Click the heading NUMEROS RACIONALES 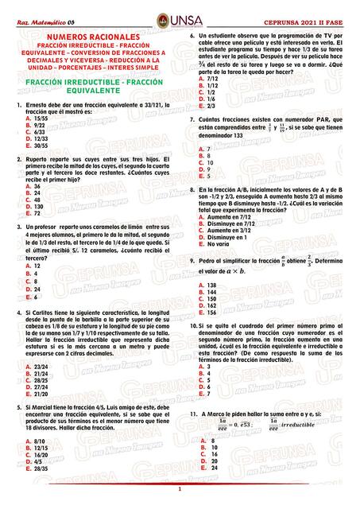[93, 37]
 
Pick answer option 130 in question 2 [39, 206]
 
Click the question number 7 [191, 119]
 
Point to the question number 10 [192, 325]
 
